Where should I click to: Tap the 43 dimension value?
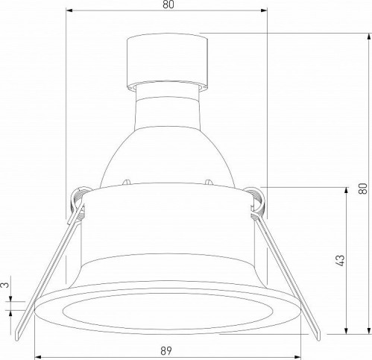tap(340, 260)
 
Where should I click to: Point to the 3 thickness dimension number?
tap(4, 285)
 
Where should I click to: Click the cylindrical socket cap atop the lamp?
tap(166, 57)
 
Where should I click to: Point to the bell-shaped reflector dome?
tap(166, 149)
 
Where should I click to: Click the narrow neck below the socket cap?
tap(166, 92)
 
